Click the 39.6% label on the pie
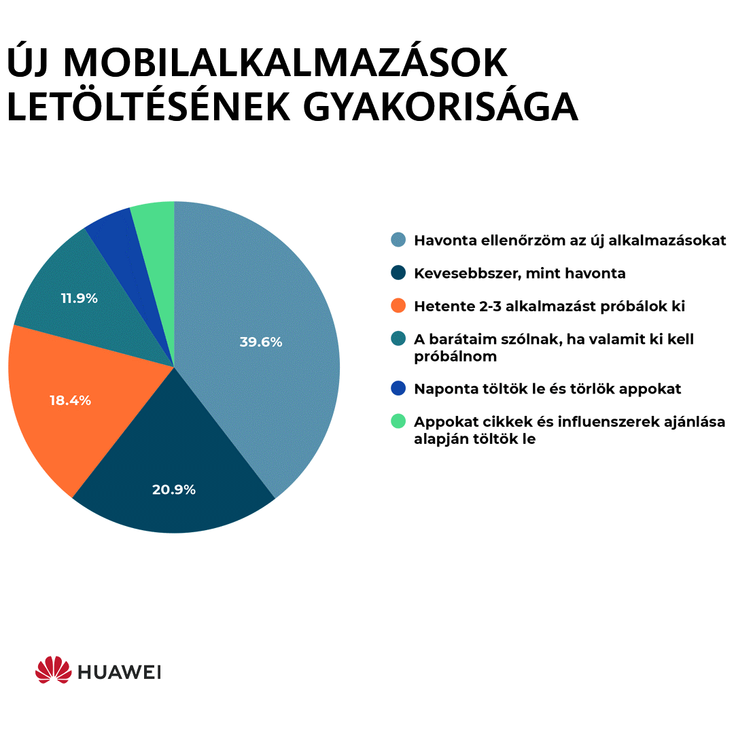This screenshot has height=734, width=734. coord(260,343)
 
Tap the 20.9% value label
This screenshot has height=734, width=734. coord(174,489)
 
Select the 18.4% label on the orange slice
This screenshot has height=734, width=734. coord(70,400)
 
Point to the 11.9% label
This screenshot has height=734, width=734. coord(79,298)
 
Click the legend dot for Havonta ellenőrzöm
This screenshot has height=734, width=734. coord(399,241)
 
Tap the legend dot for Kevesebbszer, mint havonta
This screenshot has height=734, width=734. coord(399,273)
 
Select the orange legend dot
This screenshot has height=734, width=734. coord(399,307)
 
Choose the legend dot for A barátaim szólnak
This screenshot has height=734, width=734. coord(399,339)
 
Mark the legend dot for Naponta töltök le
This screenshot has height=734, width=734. coord(399,389)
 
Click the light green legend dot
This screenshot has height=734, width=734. coord(399,422)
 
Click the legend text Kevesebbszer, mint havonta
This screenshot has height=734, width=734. coord(520,273)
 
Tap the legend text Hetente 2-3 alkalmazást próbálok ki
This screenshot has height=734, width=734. coord(549,307)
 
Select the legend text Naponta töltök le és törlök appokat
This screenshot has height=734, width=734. coord(547,389)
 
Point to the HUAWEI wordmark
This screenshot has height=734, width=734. coord(118,672)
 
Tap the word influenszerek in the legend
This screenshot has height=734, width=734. coord(593,422)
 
